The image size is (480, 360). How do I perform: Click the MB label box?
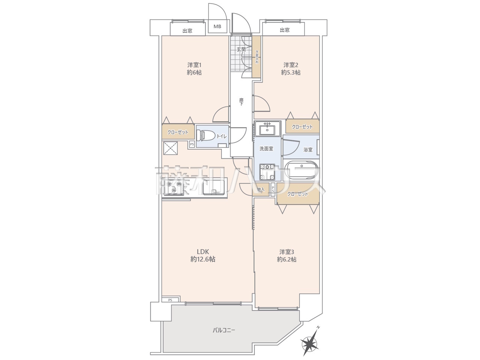click(x=217, y=27)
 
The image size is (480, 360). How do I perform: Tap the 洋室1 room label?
click(x=194, y=65)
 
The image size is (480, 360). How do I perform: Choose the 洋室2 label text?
click(x=291, y=65)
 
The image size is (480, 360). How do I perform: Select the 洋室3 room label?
click(x=286, y=252)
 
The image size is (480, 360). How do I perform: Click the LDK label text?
click(x=203, y=251)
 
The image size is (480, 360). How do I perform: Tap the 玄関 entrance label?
click(x=241, y=49)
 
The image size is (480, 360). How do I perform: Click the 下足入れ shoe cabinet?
click(x=256, y=57)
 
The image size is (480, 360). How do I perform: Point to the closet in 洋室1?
click(x=178, y=132)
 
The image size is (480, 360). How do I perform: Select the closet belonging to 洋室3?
click(x=298, y=193)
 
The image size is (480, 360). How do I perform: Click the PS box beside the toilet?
click(x=192, y=144)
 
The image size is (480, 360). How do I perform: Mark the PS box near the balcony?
click(x=171, y=300)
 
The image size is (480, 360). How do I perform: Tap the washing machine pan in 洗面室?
click(x=267, y=172)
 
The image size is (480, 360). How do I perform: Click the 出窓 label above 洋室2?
click(x=285, y=30)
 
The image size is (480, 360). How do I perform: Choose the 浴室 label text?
click(x=308, y=150)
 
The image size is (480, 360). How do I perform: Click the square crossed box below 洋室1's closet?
click(x=171, y=148)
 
